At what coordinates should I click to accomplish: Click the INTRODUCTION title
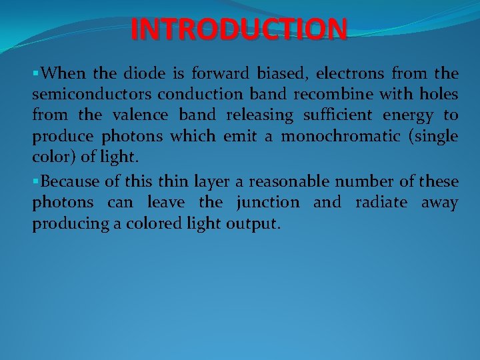point(239,29)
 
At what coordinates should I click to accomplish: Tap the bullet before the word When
point(35,73)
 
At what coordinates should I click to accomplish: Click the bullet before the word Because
point(35,181)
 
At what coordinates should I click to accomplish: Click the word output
point(257,225)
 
